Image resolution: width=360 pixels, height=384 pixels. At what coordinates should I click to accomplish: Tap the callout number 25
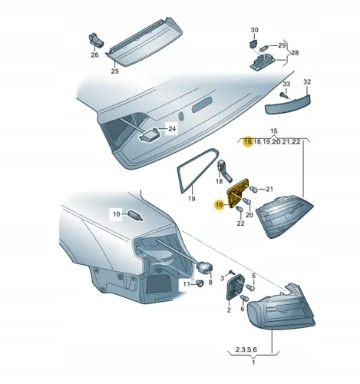115,71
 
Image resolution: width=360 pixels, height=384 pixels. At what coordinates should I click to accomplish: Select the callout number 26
95,55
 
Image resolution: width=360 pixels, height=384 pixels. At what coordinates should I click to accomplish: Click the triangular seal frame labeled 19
189,176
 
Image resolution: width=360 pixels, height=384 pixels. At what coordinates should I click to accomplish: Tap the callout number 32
307,81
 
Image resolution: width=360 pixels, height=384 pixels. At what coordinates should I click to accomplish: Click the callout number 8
210,283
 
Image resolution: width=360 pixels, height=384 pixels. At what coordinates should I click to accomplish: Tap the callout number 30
256,28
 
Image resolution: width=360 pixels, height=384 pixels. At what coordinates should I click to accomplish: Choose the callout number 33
286,82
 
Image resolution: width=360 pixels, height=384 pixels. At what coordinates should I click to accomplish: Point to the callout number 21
269,189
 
